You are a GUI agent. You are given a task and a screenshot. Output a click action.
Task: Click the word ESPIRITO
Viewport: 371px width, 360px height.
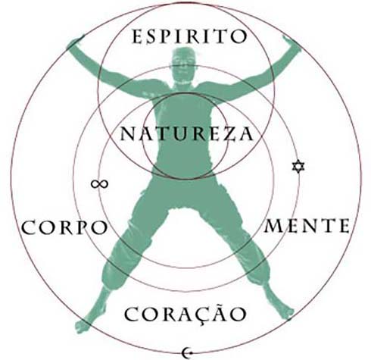[x=189, y=37]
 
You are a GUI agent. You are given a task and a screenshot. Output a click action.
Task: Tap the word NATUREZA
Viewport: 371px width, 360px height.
[x=187, y=133]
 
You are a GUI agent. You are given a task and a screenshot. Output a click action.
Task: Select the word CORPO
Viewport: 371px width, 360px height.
[x=65, y=227]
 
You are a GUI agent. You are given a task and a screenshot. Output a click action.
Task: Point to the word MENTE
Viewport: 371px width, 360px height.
[x=307, y=226]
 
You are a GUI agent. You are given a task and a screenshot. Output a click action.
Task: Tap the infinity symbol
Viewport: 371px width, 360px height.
[x=100, y=184]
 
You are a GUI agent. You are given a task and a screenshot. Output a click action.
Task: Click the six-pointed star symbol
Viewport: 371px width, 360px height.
[x=298, y=166]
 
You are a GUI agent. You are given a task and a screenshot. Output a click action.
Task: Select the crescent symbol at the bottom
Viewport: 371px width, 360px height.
[x=186, y=352]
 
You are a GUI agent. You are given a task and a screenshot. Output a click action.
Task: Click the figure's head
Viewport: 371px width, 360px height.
[x=184, y=65]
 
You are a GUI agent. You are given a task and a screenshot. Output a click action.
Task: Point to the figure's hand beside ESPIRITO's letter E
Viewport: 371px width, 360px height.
[x=75, y=42]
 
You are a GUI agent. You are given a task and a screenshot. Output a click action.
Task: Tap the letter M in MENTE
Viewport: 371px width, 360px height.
[x=272, y=226]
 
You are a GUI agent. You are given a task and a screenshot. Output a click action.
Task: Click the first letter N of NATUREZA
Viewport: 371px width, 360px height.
[x=128, y=134]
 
